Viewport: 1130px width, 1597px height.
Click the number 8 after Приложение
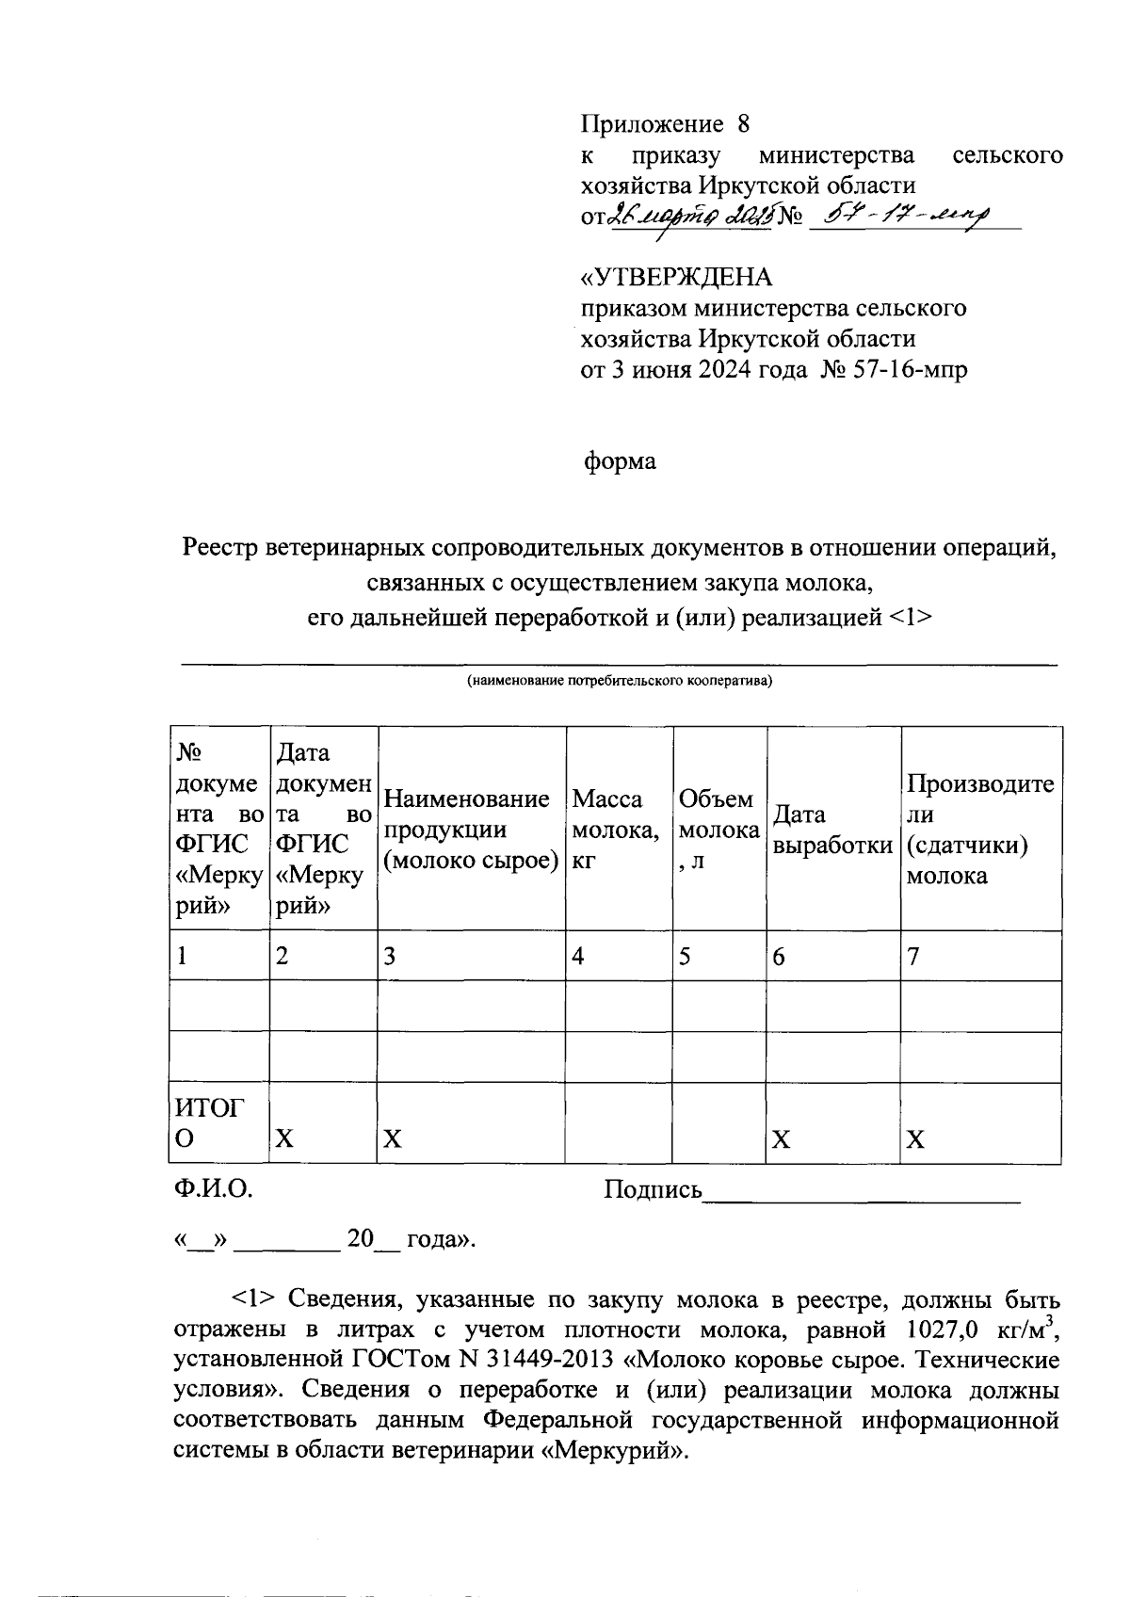(743, 124)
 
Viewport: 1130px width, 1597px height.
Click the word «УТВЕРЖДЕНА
(675, 278)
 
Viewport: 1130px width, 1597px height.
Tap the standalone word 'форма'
(619, 461)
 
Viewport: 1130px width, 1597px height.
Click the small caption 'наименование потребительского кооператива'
(620, 681)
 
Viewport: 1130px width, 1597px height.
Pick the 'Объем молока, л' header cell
(719, 829)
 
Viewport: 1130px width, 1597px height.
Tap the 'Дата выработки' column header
(832, 829)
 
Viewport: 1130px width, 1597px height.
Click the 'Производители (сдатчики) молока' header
(980, 829)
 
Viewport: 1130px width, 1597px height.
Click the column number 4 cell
(578, 957)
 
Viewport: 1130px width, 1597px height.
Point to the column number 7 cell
(913, 957)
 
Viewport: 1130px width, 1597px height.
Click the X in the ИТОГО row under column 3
(393, 1139)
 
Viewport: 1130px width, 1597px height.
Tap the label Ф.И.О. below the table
(213, 1190)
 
